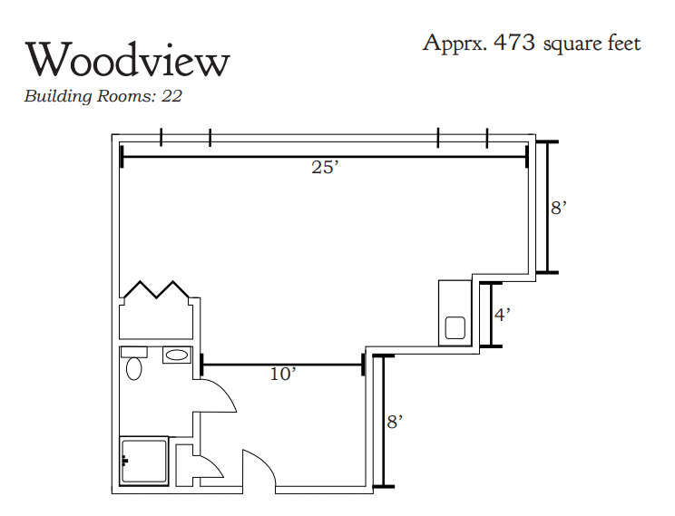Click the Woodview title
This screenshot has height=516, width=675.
coord(127,60)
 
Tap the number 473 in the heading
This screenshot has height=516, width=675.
coord(514,43)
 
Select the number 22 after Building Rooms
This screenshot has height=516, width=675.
coord(171,96)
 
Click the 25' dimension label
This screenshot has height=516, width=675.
coord(325,167)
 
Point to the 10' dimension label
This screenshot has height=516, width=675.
coord(283,374)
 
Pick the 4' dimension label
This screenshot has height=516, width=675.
coord(502,315)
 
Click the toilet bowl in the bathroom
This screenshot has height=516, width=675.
coord(134,369)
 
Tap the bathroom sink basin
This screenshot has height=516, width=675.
coord(177,355)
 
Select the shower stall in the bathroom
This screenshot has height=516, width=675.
coord(143,461)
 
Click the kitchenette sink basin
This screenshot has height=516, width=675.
coord(455,328)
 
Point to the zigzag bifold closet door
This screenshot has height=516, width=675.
coord(156,289)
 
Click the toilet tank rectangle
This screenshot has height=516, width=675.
coord(134,352)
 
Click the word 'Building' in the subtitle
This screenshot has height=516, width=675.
coord(58,96)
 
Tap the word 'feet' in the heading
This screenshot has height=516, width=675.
coord(624,43)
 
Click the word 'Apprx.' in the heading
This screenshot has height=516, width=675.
coord(455,44)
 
